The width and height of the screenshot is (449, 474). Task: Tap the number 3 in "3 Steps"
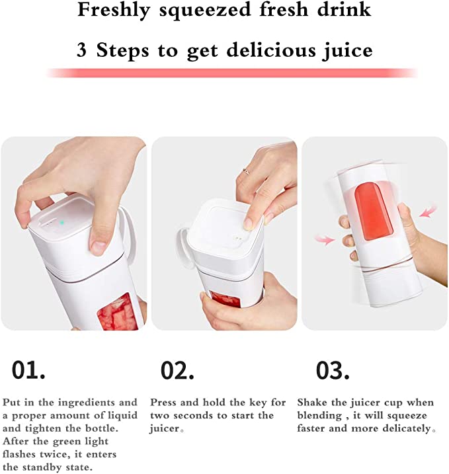(x=81, y=50)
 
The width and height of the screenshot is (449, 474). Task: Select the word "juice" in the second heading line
(x=348, y=51)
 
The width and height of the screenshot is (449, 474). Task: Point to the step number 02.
(x=178, y=370)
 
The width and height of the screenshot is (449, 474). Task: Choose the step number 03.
(x=332, y=370)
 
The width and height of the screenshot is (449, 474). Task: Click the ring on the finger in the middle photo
(x=245, y=172)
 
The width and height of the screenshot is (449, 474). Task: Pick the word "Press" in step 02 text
(x=165, y=403)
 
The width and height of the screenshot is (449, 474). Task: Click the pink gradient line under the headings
(x=231, y=73)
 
